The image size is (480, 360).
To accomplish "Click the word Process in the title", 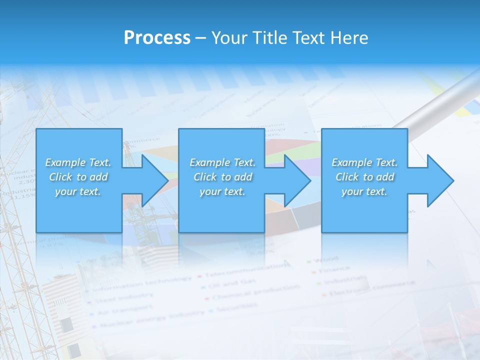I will pyautogui.click(x=157, y=38).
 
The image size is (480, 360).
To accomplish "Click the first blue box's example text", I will pyautogui.click(x=78, y=177).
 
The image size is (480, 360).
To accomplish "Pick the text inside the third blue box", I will pyautogui.click(x=364, y=177).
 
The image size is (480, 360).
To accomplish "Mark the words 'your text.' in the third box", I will pyautogui.click(x=364, y=192).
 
